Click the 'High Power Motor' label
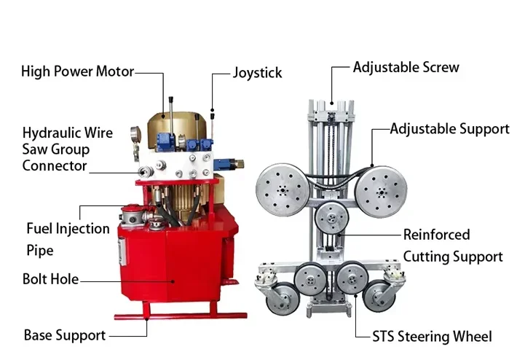(77, 71)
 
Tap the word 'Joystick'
(258, 73)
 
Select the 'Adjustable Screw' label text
(406, 67)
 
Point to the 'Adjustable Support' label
(450, 129)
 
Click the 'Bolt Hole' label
(51, 279)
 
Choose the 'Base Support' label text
(65, 335)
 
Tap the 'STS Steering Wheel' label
(432, 337)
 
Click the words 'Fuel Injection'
(68, 229)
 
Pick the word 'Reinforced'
(437, 235)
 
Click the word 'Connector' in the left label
(55, 165)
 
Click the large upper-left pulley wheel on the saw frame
(283, 189)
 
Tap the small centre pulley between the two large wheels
(331, 217)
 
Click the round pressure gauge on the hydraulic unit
(135, 133)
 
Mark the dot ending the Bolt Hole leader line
(173, 281)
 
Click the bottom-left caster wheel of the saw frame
(283, 298)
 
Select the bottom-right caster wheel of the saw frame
(379, 296)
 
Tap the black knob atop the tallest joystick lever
(171, 100)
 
